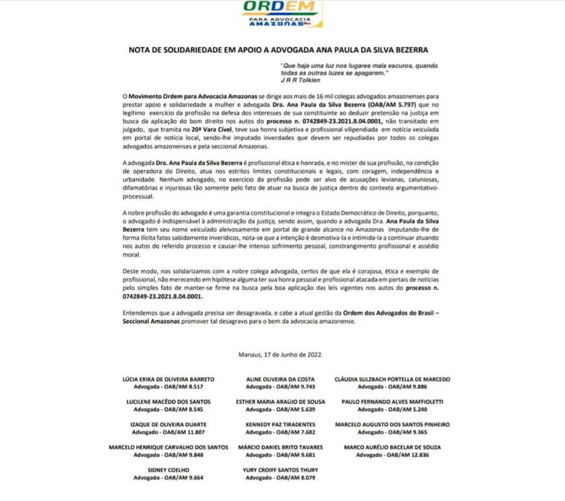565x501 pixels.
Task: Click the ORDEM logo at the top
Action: (x=282, y=13)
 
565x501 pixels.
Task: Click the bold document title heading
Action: (x=282, y=50)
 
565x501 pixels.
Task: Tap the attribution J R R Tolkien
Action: (x=297, y=80)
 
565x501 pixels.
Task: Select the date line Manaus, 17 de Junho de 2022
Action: (x=281, y=355)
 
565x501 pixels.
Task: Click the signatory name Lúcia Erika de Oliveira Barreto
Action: (x=168, y=379)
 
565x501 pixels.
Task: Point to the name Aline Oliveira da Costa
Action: (x=281, y=379)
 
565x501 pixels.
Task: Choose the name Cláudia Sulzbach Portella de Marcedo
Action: (x=392, y=379)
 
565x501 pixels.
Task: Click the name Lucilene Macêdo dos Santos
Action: (x=168, y=402)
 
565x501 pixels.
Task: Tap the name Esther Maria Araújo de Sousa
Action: (x=281, y=402)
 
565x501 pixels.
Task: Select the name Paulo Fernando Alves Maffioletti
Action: (x=392, y=402)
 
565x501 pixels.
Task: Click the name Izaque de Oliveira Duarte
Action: (x=168, y=424)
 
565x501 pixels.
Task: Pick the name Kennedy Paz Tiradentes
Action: (x=281, y=424)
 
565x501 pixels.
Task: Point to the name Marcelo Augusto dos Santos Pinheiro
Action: (x=392, y=424)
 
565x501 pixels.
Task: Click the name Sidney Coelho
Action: (x=168, y=469)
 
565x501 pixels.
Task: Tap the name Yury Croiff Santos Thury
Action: (x=281, y=469)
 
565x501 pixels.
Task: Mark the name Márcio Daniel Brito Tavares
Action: (x=281, y=447)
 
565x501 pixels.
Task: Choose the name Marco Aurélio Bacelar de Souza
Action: (x=392, y=447)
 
